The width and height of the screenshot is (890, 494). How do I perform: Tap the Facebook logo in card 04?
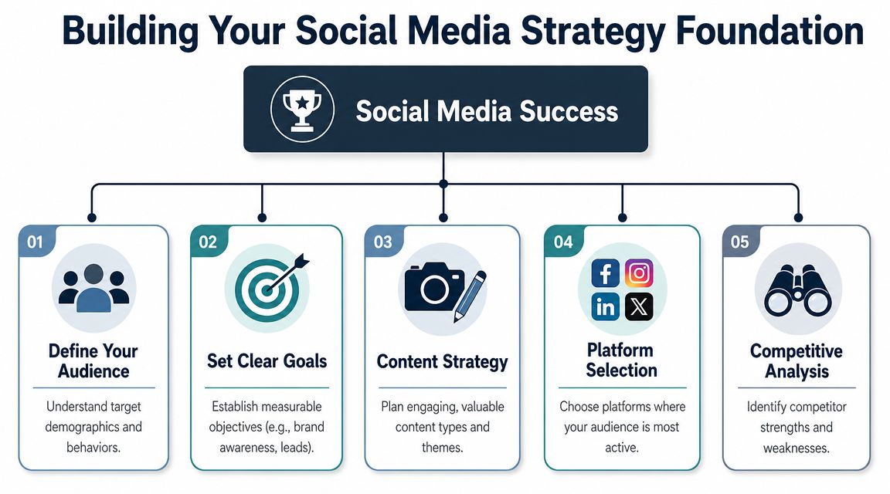[606, 274]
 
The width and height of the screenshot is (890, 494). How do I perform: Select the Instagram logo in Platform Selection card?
[639, 274]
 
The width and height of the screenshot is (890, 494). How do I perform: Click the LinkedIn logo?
[606, 306]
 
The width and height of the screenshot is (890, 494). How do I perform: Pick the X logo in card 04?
[639, 306]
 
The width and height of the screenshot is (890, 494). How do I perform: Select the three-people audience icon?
[94, 286]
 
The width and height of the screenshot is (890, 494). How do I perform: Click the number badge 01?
[34, 242]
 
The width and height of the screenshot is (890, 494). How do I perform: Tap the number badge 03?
[382, 242]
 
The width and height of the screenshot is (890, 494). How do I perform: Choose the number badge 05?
[739, 242]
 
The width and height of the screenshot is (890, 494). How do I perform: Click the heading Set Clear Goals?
[267, 360]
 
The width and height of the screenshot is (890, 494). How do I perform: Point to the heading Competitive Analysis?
[796, 361]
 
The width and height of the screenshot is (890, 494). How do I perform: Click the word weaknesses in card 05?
[797, 448]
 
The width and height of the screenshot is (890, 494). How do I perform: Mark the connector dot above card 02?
[263, 217]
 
